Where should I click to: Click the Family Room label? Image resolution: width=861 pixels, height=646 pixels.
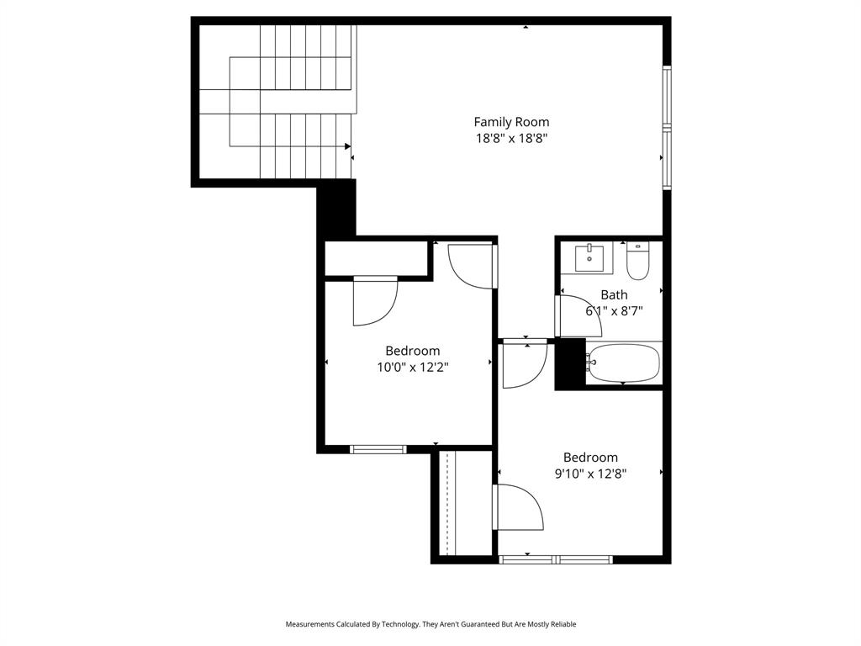511,122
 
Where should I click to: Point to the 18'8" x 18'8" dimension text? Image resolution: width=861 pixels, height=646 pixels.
511,139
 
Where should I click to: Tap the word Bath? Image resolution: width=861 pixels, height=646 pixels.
614,295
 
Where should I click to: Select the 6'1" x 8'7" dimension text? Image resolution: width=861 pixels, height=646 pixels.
614,311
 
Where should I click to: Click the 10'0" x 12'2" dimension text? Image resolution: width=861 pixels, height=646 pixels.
412,367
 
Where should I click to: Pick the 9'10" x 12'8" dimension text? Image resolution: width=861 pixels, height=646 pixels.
590,474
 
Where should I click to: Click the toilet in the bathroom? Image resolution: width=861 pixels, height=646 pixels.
638,262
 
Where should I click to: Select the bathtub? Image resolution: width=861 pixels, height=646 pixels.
623,363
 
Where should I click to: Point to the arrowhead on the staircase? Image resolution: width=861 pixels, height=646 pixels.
346,146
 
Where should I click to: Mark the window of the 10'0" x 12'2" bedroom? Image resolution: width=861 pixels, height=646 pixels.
378,449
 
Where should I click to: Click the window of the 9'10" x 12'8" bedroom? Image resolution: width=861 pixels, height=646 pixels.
556,559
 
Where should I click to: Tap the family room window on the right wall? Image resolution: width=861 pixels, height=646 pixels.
667,128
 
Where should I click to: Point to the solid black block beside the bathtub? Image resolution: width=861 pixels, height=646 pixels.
570,364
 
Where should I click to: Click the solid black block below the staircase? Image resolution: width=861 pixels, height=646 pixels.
336,209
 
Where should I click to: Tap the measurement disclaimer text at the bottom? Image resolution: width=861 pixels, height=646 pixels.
430,624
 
